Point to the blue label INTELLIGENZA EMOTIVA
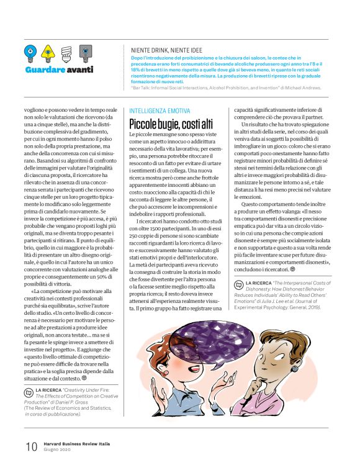point(160,111)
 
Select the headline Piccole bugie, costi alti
point(171,124)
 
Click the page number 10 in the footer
point(30,446)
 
